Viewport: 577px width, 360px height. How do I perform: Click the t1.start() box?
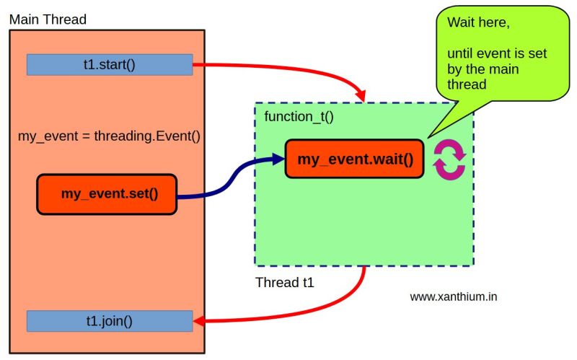point(110,64)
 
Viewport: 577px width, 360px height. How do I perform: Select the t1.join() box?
point(110,321)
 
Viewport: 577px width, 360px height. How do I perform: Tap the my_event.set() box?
point(107,193)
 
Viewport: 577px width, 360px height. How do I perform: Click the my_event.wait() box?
point(354,159)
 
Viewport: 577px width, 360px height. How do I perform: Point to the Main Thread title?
point(48,19)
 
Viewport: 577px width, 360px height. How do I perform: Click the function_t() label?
point(299,116)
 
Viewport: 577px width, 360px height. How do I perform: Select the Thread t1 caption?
point(285,282)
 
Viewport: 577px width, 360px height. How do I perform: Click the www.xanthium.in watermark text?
point(453,297)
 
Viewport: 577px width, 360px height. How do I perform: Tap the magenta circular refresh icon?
point(449,160)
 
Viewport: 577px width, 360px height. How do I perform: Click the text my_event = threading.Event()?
point(108,136)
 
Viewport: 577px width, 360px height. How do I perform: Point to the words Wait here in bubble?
point(478,23)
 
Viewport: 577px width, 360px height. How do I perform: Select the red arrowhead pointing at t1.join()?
point(201,321)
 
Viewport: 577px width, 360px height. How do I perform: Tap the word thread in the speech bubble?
point(467,84)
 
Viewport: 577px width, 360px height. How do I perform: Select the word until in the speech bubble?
point(462,53)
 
